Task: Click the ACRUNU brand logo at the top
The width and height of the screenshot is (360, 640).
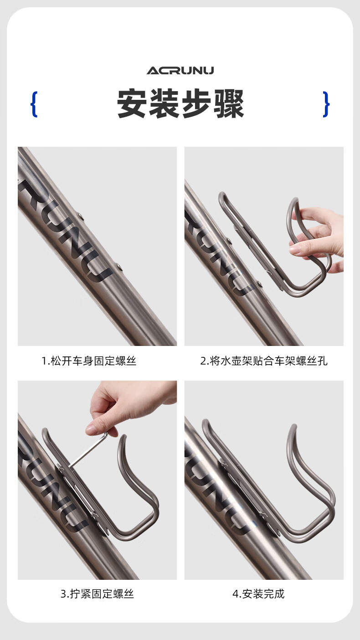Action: pyautogui.click(x=180, y=71)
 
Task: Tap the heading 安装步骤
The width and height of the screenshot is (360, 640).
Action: pyautogui.click(x=180, y=103)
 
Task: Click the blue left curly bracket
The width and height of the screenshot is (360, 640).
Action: pyautogui.click(x=34, y=104)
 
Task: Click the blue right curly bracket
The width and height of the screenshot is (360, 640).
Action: pyautogui.click(x=326, y=104)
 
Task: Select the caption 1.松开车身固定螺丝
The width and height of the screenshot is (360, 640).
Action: pyautogui.click(x=89, y=361)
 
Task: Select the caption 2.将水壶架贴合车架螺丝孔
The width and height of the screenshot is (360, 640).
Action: pyautogui.click(x=264, y=361)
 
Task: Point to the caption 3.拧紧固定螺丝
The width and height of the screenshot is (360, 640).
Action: pyautogui.click(x=97, y=594)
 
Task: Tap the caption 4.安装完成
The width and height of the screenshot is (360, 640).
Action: pyautogui.click(x=258, y=594)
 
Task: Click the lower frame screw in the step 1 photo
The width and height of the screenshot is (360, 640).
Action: pyautogui.click(x=119, y=268)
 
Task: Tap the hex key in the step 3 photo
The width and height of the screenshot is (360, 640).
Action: pyautogui.click(x=87, y=451)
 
